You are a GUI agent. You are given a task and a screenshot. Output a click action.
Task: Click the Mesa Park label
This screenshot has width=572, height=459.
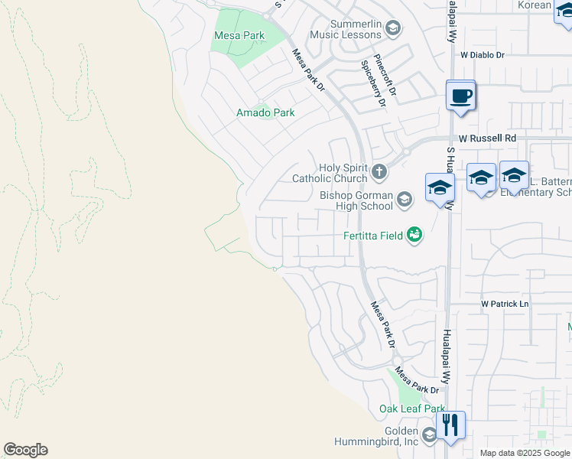(239, 36)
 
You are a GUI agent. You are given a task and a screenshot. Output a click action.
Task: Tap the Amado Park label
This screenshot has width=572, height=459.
(265, 112)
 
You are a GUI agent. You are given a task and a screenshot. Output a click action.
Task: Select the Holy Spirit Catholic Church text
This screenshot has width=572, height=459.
(330, 173)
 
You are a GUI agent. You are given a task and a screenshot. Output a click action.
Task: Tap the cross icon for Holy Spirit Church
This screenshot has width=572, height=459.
(380, 171)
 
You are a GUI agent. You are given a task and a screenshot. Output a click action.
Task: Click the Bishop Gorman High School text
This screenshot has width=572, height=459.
(356, 200)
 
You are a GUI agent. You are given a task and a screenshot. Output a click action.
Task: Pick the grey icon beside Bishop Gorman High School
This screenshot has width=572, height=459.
(405, 200)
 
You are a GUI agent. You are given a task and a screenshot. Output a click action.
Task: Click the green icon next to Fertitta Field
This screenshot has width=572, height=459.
(414, 234)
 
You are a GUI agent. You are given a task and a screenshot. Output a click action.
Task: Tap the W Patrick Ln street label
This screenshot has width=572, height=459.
(505, 304)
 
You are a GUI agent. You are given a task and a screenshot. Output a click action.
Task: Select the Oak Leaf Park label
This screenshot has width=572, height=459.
(412, 409)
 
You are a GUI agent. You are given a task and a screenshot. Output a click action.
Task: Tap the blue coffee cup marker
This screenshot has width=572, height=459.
(460, 97)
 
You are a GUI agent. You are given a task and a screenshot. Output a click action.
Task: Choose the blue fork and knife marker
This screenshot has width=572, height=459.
(450, 425)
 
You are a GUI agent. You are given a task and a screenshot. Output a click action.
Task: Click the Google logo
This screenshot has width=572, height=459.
(25, 450)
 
